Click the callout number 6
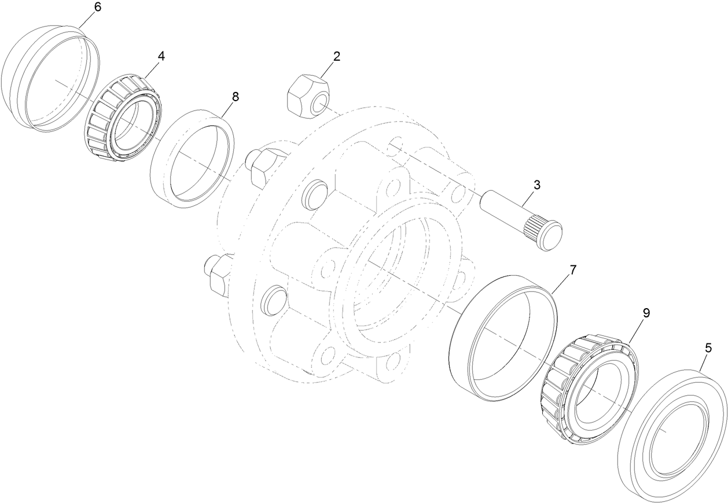97,8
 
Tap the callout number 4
161,56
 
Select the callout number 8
235,97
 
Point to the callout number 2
336,56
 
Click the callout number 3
537,185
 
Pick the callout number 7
573,270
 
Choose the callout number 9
646,313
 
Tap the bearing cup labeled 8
192,159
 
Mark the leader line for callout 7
561,284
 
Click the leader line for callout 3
528,198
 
